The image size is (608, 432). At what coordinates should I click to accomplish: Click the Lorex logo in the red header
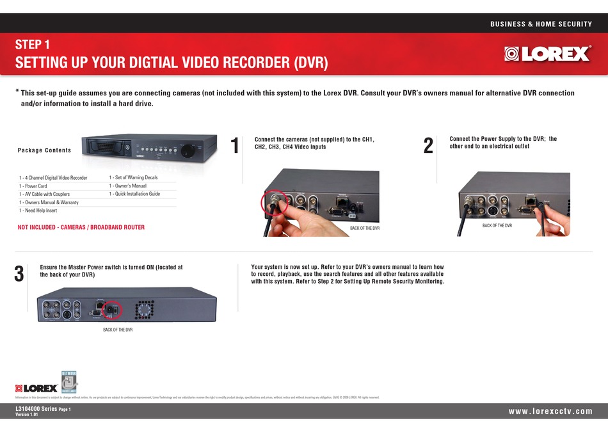pos(547,54)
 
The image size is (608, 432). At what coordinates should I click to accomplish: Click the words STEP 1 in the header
pos(32,45)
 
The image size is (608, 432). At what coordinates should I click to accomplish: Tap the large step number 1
pos(235,146)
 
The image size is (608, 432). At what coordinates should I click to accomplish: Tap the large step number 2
pos(429,146)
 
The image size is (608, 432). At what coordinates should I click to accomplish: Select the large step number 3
pos(19,274)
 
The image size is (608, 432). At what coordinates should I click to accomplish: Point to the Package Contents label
pos(45,150)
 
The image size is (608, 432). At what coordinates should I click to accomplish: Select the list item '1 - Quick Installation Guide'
pos(134,194)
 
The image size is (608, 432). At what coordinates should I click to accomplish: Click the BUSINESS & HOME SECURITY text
pos(541,24)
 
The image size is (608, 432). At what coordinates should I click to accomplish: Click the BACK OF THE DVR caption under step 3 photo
pos(118,330)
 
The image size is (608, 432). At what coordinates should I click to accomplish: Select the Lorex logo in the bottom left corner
pos(36,388)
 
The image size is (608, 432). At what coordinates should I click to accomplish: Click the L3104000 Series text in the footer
pos(36,408)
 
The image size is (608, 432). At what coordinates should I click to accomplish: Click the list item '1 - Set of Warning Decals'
pos(133,177)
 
